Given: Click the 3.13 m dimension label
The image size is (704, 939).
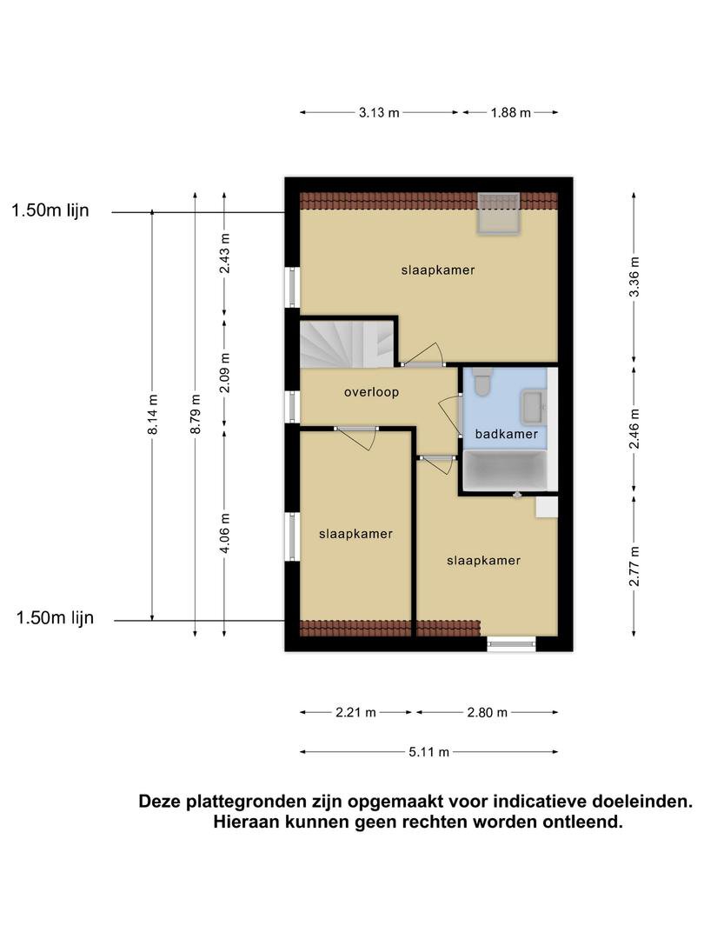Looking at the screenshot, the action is pyautogui.click(x=379, y=112).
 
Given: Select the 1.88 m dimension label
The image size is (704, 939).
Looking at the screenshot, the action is pyautogui.click(x=511, y=112).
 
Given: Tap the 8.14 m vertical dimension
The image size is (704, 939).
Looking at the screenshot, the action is pyautogui.click(x=153, y=415).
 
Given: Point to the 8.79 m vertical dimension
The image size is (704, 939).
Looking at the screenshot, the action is pyautogui.click(x=196, y=415).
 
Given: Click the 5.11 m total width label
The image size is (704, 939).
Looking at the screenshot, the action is pyautogui.click(x=428, y=752).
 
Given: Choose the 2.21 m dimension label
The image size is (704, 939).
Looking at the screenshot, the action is pyautogui.click(x=355, y=713).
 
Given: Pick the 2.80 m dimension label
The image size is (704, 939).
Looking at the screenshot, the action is pyautogui.click(x=488, y=713).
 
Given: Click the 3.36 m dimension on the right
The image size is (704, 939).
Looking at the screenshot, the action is pyautogui.click(x=634, y=276).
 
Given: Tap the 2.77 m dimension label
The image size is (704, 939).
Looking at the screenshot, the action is pyautogui.click(x=634, y=567).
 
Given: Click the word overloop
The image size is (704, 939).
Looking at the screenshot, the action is pyautogui.click(x=371, y=392).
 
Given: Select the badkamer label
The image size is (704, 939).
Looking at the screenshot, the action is pyautogui.click(x=507, y=434).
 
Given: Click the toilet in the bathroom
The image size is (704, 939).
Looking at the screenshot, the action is pyautogui.click(x=482, y=382).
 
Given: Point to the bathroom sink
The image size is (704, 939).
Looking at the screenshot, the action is pyautogui.click(x=533, y=407).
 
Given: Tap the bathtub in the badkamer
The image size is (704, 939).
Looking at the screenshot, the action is pyautogui.click(x=506, y=471).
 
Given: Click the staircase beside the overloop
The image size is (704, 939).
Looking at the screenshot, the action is pyautogui.click(x=347, y=343).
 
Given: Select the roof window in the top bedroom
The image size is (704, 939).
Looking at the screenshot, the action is pyautogui.click(x=498, y=214).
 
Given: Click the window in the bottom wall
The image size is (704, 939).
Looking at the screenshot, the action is pyautogui.click(x=511, y=643).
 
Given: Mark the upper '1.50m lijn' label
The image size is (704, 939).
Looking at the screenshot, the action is pyautogui.click(x=50, y=210).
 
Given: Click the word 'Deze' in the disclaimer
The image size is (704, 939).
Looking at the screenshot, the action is pyautogui.click(x=160, y=802).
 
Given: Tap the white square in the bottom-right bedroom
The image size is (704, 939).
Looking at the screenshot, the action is pyautogui.click(x=547, y=507).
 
